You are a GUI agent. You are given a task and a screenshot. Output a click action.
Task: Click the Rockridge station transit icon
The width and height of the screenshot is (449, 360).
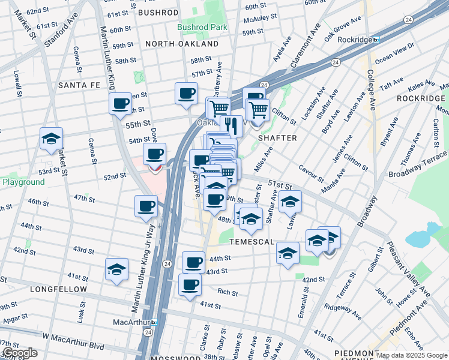[376, 40]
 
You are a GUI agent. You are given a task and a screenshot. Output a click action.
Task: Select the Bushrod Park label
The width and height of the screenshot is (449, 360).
[202, 27]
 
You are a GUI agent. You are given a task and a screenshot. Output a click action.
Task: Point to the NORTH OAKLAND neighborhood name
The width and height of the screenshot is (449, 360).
[182, 44]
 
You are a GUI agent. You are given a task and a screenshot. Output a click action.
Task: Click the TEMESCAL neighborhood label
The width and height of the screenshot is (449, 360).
[251, 242]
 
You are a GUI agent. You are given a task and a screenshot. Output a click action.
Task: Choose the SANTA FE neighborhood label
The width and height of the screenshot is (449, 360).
[82, 86]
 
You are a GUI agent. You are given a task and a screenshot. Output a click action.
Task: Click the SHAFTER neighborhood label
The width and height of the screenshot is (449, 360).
[277, 138]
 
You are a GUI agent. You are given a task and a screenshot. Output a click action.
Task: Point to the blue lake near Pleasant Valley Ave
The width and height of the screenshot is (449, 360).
[425, 235]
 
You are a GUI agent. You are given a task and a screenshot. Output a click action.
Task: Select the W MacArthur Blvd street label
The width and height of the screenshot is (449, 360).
[73, 346]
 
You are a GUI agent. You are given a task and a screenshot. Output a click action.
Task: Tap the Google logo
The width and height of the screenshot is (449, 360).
[20, 353]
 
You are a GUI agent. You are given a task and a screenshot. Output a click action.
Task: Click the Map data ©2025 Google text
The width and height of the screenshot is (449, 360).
[412, 355]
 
